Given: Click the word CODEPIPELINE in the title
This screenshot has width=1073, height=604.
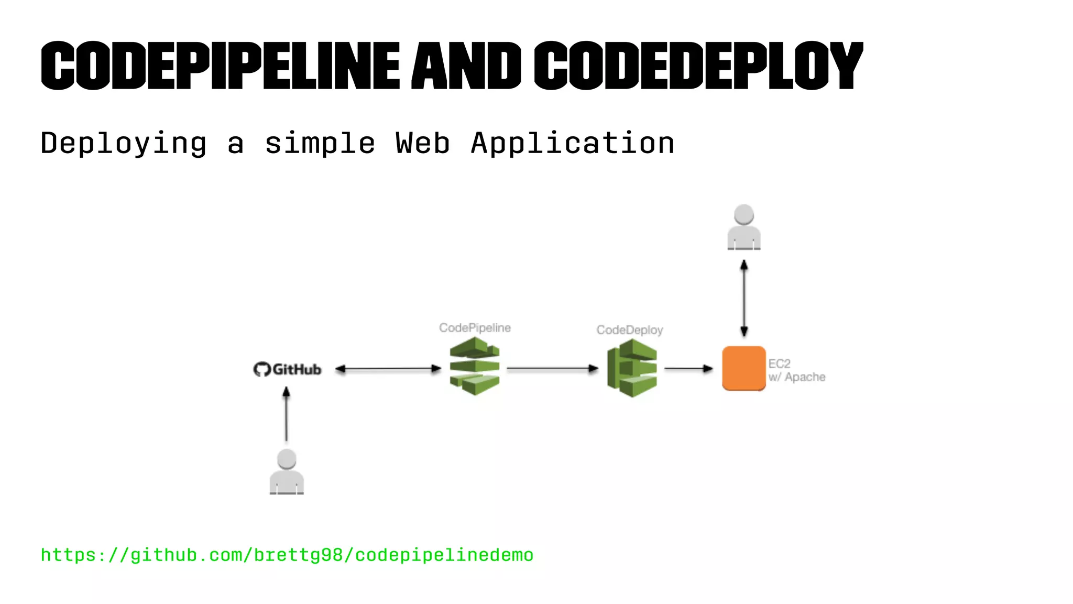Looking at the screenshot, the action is point(220,66).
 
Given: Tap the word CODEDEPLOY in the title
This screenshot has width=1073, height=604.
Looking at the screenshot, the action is point(698,66).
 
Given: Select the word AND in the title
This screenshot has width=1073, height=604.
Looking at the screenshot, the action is point(466,66).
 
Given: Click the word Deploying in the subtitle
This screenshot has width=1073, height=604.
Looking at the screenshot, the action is point(124,143).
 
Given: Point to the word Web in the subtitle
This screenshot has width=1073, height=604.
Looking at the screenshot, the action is point(422,143).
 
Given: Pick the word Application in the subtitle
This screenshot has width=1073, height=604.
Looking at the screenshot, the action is point(573,143).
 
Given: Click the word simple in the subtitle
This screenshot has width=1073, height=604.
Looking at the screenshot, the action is point(320,143).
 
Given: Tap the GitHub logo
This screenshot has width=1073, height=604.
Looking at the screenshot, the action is point(287,369).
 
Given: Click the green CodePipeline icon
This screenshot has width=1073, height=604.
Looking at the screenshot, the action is point(475,366).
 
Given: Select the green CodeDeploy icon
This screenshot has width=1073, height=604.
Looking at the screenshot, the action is point(632,368).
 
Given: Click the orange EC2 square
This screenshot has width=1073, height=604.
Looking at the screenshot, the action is point(743,368).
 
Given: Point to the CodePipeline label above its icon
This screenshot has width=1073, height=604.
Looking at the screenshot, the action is point(475,328).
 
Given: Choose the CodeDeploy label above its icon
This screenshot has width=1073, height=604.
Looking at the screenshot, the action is point(630,330).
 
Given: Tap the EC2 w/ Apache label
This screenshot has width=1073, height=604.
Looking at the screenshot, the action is point(796,370).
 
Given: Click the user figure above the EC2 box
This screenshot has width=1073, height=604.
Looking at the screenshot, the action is point(744,228).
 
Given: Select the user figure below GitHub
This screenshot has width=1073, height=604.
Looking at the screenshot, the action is point(287,472).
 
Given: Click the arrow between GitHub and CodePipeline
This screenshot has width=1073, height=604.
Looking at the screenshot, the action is point(388,369).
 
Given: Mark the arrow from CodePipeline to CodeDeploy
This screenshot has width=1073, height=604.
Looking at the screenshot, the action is point(552,369).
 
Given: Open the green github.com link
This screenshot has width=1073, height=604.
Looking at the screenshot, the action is point(287,555).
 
